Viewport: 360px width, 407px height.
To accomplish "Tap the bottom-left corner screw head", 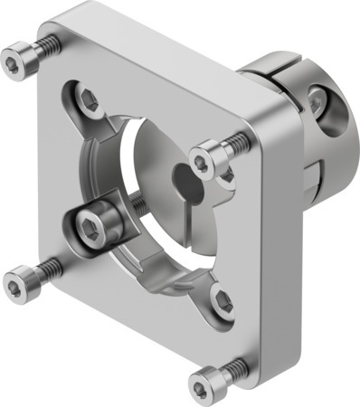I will click(15, 284).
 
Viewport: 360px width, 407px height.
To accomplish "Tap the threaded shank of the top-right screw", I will click(236, 140).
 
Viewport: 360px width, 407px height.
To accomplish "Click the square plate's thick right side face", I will click(289, 217).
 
